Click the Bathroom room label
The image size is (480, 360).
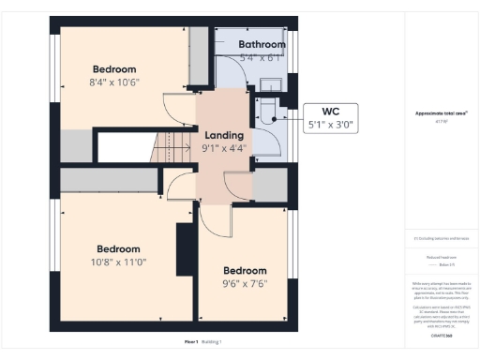261,44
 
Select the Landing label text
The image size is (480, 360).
224,134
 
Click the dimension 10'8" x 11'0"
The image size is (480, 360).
119,262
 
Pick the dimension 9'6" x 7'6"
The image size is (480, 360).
244,284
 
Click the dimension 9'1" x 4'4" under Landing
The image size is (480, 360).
224,147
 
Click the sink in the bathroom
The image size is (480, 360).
261,85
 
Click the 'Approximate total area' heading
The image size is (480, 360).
441,112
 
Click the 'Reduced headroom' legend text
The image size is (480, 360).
441,255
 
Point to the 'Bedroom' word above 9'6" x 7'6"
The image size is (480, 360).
244,271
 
